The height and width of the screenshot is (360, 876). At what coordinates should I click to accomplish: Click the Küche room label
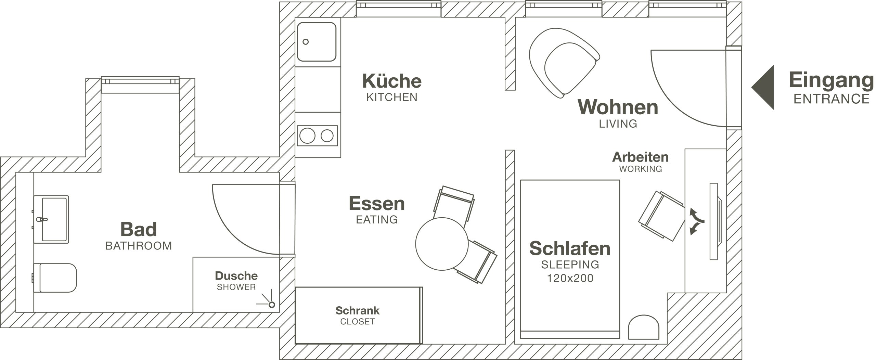392,81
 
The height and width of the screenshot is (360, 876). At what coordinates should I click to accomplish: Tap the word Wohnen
618,107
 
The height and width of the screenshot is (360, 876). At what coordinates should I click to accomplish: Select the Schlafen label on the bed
570,248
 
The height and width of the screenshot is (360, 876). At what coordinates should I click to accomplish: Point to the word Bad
139,229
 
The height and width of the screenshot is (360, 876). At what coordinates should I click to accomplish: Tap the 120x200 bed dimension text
570,278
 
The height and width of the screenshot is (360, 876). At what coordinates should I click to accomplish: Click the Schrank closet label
357,310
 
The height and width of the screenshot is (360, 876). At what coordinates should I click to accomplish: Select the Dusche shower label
236,275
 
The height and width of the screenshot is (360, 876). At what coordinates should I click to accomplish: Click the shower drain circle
272,305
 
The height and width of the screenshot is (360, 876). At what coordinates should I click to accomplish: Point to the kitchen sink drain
306,42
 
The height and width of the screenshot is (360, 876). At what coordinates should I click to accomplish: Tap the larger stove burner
307,136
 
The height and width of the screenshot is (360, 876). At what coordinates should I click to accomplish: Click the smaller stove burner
327,136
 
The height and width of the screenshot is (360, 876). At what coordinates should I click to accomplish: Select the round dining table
442,244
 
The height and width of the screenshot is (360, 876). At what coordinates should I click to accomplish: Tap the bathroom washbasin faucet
41,219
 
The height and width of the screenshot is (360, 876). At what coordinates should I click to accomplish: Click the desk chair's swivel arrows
696,221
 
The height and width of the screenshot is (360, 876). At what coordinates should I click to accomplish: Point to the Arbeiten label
640,157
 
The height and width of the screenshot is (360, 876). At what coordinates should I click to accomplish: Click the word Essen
377,204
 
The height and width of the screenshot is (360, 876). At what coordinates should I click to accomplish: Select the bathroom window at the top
140,85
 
